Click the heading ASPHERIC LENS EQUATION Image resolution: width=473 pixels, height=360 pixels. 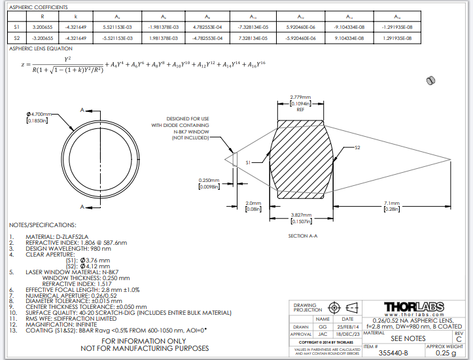click(x=41, y=48)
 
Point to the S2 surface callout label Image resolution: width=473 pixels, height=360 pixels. click(x=357, y=149)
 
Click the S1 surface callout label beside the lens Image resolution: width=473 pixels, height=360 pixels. click(x=249, y=162)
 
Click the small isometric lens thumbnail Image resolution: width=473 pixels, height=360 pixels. click(x=430, y=80)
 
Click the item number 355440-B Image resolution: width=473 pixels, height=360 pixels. click(x=393, y=353)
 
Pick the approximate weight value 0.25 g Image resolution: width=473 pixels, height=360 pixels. click(x=445, y=353)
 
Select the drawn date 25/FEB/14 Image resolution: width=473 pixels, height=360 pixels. click(x=347, y=327)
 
